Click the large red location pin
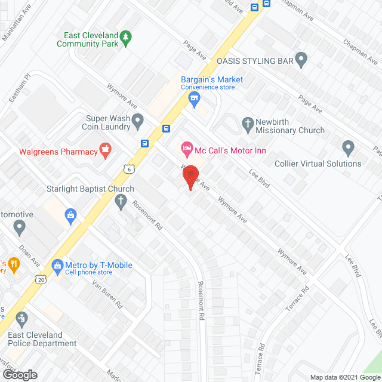click(x=190, y=177)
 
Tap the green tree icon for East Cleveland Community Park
click(x=125, y=39)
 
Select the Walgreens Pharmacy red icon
click(x=106, y=152)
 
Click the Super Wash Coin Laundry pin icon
click(x=138, y=122)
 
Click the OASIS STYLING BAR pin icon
click(x=301, y=60)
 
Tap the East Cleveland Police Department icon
click(x=22, y=318)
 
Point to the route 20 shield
click(x=40, y=279)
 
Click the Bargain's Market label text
click(x=212, y=79)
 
